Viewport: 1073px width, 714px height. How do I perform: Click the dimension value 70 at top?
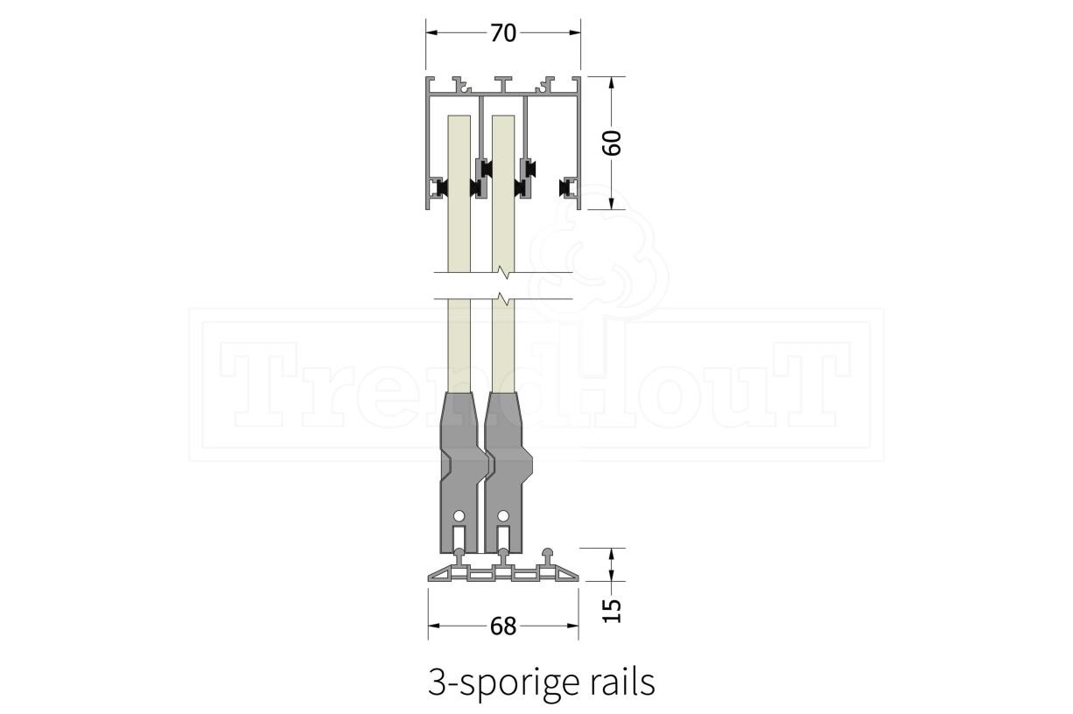coord(503,33)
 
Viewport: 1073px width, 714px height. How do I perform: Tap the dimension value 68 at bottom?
coord(503,626)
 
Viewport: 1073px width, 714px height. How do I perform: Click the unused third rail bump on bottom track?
coord(548,555)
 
